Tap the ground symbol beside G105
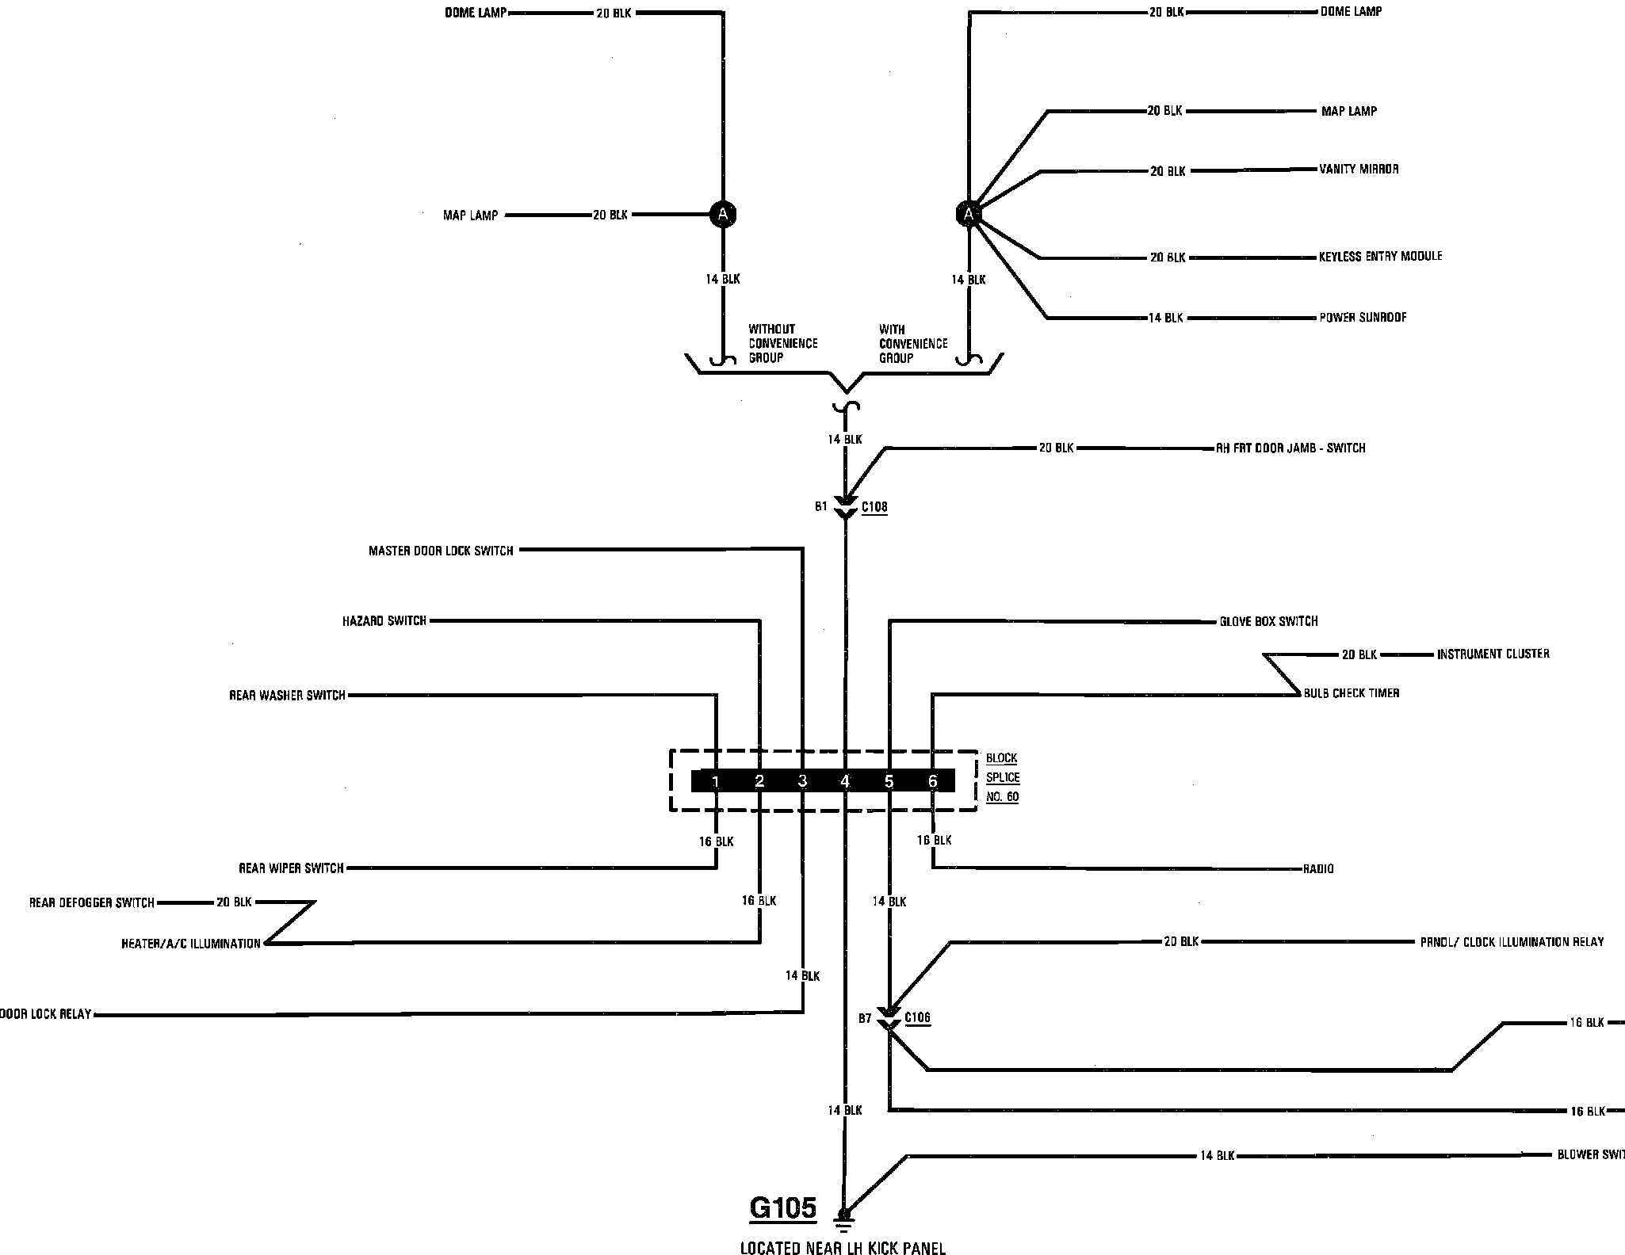[x=844, y=1215]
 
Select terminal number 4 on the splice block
[x=845, y=782]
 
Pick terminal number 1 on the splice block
[x=715, y=782]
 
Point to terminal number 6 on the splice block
[x=932, y=782]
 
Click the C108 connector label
[x=874, y=507]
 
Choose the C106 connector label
[x=917, y=1018]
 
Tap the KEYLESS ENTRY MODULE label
[x=1380, y=257]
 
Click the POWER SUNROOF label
[x=1363, y=318]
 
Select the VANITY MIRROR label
[x=1359, y=170]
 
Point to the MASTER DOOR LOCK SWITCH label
[x=441, y=551]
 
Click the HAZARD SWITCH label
[x=384, y=621]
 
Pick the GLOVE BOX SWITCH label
[x=1268, y=621]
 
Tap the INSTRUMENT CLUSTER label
[x=1493, y=654]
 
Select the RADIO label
[x=1318, y=869]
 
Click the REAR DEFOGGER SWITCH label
[x=92, y=902]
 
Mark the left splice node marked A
[x=722, y=214]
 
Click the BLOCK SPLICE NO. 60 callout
[x=1002, y=777]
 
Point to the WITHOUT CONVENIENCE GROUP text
[x=782, y=344]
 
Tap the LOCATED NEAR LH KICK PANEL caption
[x=843, y=1249]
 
